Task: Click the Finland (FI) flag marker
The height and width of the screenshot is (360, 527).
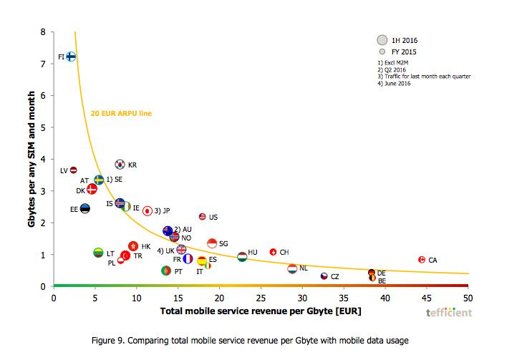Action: [71, 57]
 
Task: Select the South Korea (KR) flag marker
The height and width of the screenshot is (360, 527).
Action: [120, 165]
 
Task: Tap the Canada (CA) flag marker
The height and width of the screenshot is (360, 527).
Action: [422, 260]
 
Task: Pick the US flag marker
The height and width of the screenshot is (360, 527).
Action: [202, 216]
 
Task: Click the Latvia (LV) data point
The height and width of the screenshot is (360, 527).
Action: [73, 170]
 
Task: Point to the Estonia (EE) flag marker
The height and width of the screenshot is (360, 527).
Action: [84, 209]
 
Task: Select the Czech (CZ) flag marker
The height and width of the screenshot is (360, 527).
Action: [324, 276]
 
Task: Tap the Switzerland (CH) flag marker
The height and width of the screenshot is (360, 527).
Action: [273, 252]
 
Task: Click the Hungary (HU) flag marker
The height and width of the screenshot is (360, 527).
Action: [242, 256]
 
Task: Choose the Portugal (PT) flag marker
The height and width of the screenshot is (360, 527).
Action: [166, 271]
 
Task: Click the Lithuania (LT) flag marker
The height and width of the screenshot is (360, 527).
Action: [99, 253]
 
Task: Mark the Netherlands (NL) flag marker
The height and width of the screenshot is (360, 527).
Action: [292, 268]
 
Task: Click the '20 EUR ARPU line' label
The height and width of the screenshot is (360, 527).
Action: [122, 113]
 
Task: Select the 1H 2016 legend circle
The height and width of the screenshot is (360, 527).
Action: [382, 40]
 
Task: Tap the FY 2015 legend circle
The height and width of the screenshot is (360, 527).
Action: [382, 52]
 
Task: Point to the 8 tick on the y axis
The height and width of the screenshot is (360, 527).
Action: [43, 32]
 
